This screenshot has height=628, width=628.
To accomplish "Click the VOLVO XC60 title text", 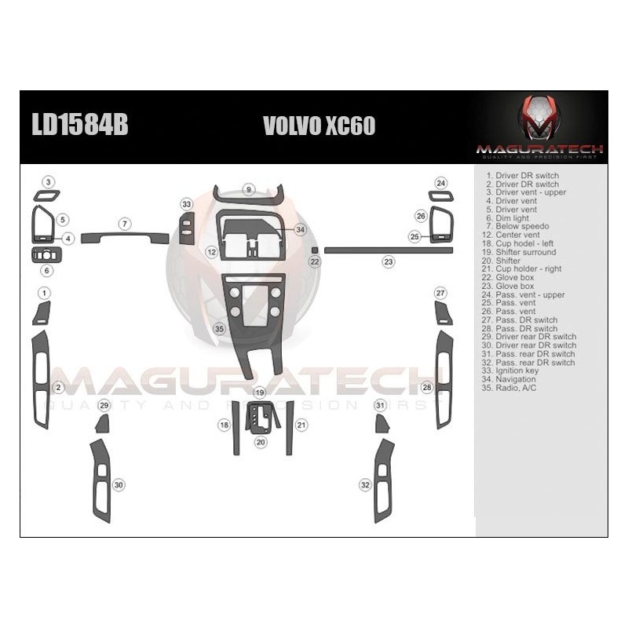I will (x=319, y=126).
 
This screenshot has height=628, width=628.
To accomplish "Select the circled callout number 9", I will (x=248, y=189).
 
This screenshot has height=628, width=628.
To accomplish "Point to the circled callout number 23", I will (x=389, y=261).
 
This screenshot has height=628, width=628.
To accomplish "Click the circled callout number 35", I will (x=219, y=328).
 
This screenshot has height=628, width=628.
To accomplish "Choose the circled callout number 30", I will (x=119, y=485).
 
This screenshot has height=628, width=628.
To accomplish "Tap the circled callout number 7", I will (x=124, y=224).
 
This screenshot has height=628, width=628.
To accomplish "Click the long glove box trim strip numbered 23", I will (x=389, y=250).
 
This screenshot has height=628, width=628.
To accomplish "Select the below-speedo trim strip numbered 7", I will (x=124, y=238).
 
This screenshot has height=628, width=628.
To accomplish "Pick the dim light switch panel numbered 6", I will (x=46, y=255).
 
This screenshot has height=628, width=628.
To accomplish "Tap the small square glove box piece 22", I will (x=315, y=250).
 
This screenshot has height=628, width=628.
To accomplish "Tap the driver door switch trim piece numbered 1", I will (x=42, y=313).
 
